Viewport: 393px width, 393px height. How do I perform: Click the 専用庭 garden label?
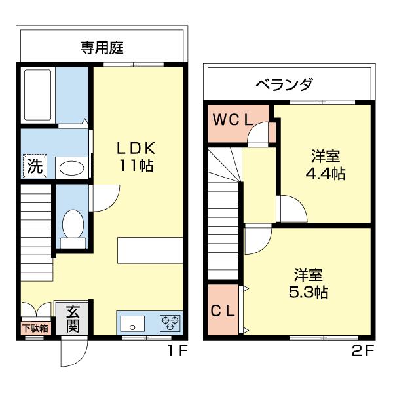coord(102,47)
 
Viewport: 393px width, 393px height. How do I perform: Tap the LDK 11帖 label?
coord(136,156)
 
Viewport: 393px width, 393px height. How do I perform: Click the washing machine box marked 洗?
coord(34,166)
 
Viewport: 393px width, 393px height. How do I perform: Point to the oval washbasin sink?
coord(71,168)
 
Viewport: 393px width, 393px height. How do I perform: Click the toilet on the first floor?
coord(71,226)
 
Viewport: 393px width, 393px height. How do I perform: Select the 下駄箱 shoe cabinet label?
coord(35,328)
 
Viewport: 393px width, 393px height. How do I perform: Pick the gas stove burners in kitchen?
coord(170,322)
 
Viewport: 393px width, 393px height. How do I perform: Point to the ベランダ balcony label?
coord(284,84)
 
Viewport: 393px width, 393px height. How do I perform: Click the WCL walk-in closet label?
coord(231,121)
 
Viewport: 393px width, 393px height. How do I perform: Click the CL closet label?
coord(223,312)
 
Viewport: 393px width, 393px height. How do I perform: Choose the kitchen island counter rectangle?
coord(150,251)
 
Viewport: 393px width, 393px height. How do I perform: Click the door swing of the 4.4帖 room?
coord(290,210)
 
